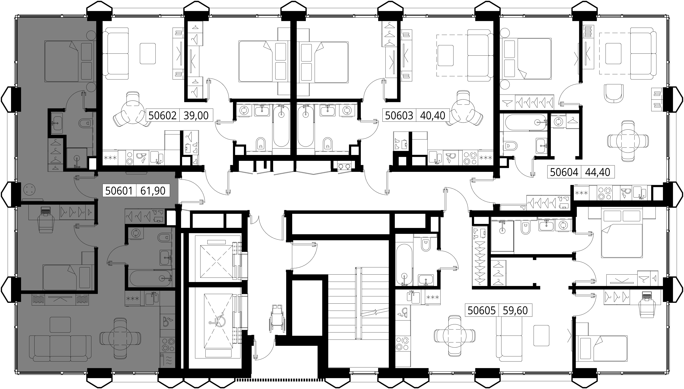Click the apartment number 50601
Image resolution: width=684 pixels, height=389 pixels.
(119, 191)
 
